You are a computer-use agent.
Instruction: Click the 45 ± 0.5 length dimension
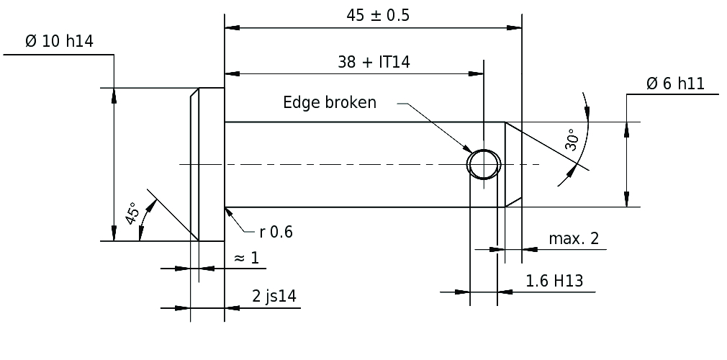(378, 16)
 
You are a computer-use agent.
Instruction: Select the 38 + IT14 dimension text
(374, 62)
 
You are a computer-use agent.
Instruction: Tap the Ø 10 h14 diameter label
(59, 41)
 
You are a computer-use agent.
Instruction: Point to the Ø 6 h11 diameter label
(675, 84)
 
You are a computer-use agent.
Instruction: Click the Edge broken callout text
(330, 102)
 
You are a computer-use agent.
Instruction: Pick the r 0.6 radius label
(276, 232)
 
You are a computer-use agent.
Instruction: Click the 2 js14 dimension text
(274, 296)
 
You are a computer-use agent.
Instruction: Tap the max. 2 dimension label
(574, 238)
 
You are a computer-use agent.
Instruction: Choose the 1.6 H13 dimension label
(554, 281)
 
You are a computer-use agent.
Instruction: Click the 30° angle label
(572, 140)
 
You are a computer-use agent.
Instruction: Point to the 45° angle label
(132, 213)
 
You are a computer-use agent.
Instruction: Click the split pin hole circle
(484, 150)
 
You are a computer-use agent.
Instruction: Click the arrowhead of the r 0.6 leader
(228, 212)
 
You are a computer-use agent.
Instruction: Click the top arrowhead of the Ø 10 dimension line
(114, 95)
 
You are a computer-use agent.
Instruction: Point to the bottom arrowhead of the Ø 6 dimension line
(626, 199)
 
